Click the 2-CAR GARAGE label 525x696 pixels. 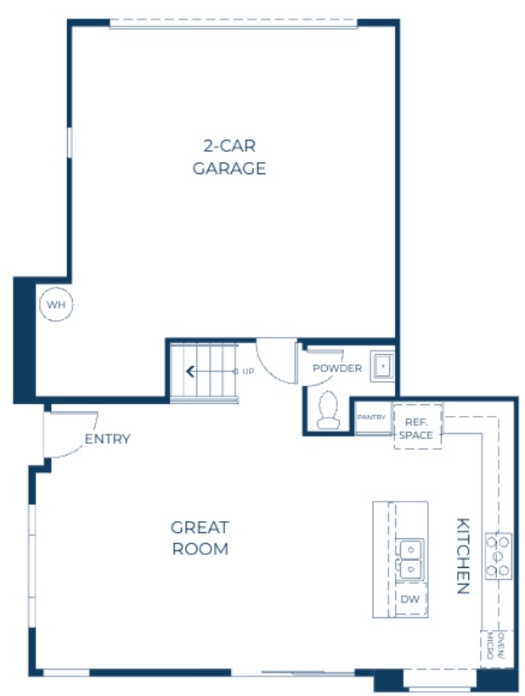click(229, 156)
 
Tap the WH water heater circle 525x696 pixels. click(56, 305)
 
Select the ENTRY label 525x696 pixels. click(107, 439)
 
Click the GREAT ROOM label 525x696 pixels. click(200, 538)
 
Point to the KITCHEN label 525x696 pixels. click(462, 556)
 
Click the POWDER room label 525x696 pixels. click(336, 368)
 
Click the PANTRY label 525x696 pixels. click(371, 418)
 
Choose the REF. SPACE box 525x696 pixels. click(417, 428)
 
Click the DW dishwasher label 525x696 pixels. click(409, 599)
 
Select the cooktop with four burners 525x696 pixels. click(498, 556)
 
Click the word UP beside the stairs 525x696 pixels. click(247, 371)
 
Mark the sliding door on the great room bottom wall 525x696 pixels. click(302, 674)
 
